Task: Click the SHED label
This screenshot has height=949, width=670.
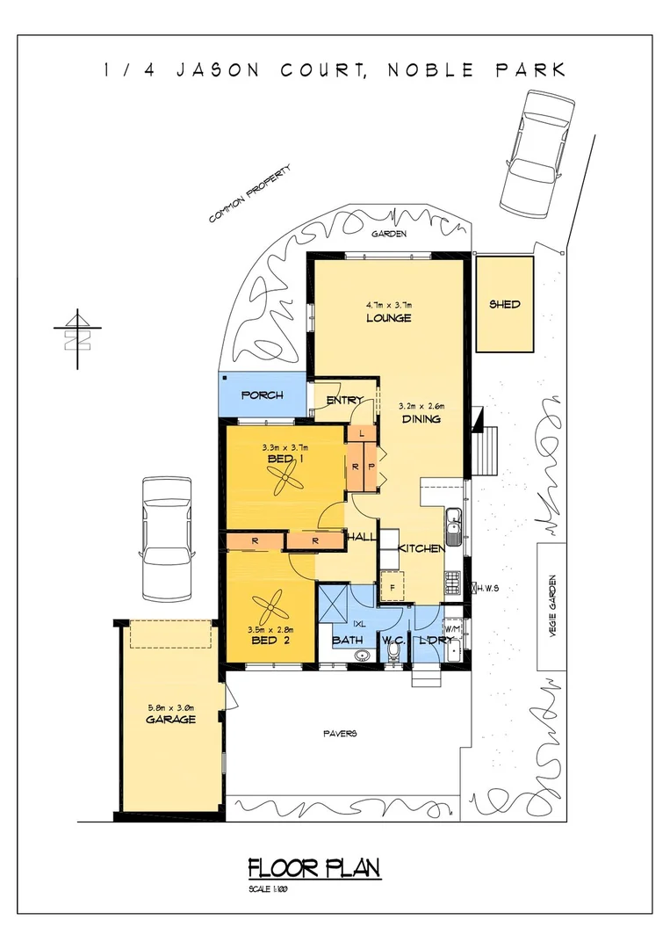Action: [x=504, y=305]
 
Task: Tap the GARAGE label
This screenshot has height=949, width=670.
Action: [x=170, y=720]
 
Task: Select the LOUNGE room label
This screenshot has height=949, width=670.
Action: [x=388, y=318]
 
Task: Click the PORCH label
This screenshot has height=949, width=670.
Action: [x=262, y=395]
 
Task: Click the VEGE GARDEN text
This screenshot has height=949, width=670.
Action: [x=553, y=607]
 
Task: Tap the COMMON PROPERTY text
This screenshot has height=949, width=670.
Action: [x=249, y=194]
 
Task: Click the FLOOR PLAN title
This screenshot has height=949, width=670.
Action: [x=313, y=869]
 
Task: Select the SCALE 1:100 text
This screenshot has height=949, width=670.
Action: [x=268, y=889]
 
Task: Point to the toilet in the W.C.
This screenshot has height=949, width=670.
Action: [x=393, y=653]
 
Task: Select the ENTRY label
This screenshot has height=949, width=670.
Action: [x=344, y=401]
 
